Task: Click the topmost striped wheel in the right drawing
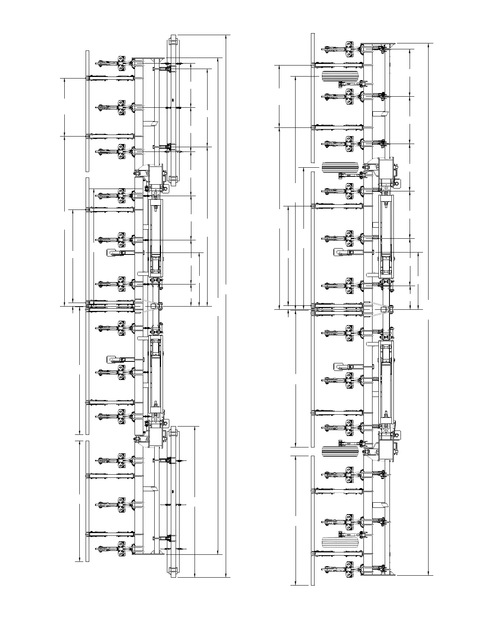[340, 76]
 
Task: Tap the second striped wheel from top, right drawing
[340, 167]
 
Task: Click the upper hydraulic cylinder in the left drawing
[155, 229]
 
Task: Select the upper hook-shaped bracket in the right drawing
[341, 252]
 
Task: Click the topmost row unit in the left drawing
[118, 64]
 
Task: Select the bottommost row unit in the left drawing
[118, 548]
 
